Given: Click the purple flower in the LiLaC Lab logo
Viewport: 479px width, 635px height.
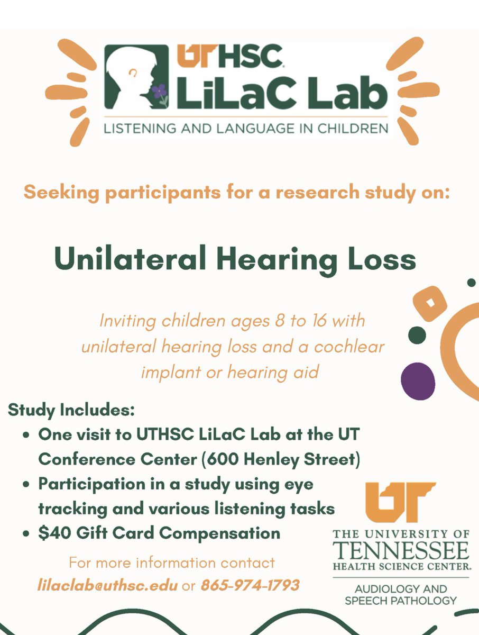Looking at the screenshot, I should pos(159,92).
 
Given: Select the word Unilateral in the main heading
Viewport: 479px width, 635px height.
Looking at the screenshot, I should pos(126,260).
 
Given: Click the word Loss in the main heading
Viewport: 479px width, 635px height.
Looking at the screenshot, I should pos(380,260).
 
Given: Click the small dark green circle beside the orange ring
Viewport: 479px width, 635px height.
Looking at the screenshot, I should pos(417,334).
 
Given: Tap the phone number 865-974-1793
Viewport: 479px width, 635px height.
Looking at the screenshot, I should pos(250,586).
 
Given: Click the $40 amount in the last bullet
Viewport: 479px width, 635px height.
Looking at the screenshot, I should pos(51,533).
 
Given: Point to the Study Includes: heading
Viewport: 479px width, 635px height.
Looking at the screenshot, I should pos(71,410).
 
